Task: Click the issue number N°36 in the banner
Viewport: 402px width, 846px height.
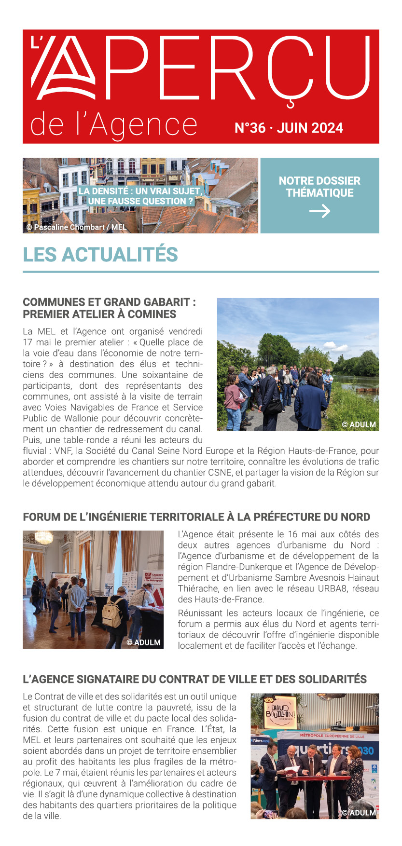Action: click(250, 128)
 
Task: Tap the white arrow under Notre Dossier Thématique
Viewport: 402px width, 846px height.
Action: click(319, 211)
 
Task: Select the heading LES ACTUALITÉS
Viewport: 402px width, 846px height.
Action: click(100, 255)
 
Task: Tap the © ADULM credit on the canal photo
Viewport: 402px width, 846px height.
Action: click(359, 424)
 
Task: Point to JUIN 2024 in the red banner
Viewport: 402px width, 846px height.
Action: click(310, 128)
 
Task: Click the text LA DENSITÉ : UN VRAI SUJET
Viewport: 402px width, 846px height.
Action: click(140, 191)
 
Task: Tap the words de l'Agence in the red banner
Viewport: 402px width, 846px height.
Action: click(113, 124)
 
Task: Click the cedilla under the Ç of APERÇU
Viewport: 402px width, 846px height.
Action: click(290, 103)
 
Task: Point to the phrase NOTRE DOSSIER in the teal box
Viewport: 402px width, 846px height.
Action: click(319, 181)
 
